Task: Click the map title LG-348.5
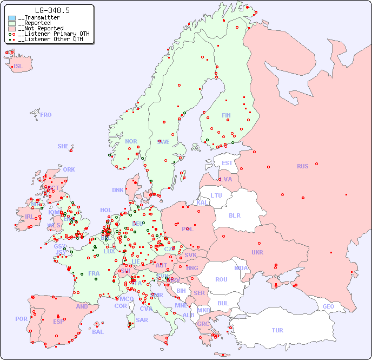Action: [52, 10]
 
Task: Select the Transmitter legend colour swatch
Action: [12, 18]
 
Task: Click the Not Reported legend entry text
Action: [41, 28]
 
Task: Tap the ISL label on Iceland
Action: [18, 67]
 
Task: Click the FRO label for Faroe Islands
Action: [46, 115]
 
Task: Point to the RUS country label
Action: [302, 166]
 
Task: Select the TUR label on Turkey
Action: [277, 330]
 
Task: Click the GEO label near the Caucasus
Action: [328, 306]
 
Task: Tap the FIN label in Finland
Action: [226, 115]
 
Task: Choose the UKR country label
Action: [257, 252]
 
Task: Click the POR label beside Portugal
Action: [21, 319]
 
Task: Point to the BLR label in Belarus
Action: [234, 215]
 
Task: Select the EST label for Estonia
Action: [227, 163]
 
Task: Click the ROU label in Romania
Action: [221, 279]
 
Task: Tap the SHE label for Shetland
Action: [63, 146]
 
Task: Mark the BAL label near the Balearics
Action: [98, 332]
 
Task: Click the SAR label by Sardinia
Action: [142, 320]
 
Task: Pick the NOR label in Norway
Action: [131, 141]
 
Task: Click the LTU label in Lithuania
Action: [216, 195]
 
